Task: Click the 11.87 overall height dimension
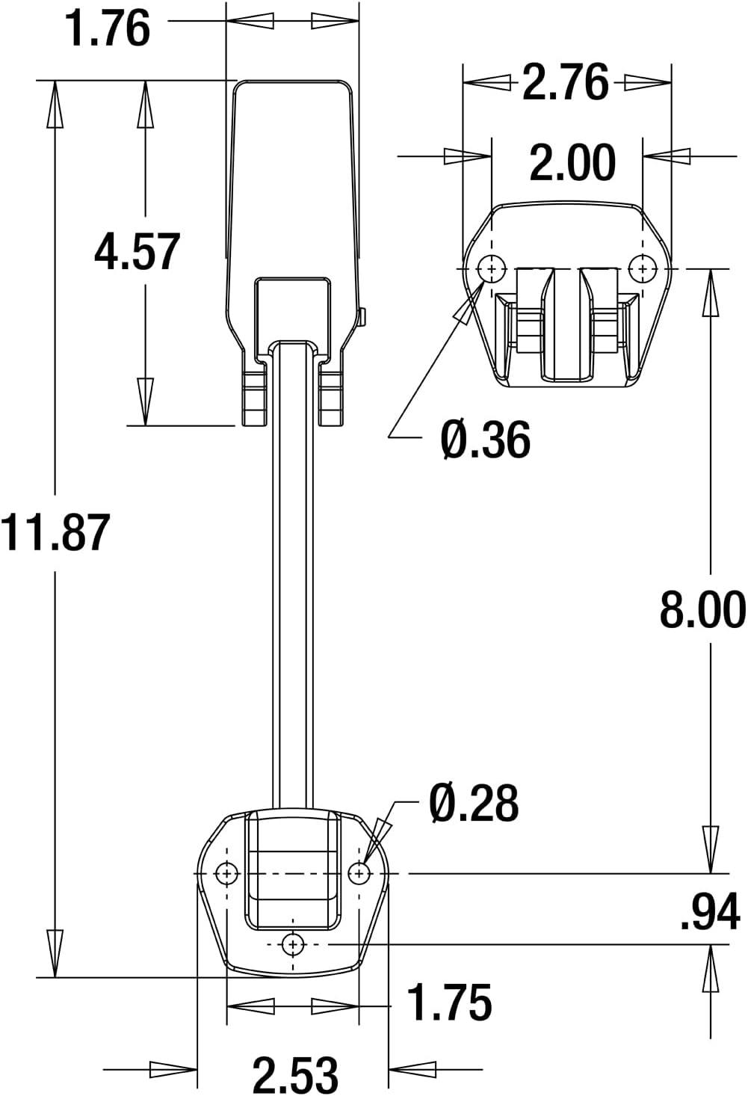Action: [x=55, y=532]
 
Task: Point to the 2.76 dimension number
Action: [x=565, y=82]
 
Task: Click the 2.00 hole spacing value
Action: [x=572, y=163]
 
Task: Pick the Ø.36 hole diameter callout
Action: [x=486, y=440]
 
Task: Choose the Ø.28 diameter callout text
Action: [x=474, y=804]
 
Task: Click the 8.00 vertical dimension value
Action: [x=702, y=609]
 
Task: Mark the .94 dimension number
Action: [x=709, y=912]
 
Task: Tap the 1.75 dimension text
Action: [x=450, y=1003]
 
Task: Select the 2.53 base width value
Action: [x=295, y=1074]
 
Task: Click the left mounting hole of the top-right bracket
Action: [x=492, y=268]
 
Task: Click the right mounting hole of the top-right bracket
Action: [x=642, y=268]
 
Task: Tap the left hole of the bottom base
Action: [x=226, y=872]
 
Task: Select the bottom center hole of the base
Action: [x=293, y=944]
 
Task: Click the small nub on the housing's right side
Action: [x=362, y=318]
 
